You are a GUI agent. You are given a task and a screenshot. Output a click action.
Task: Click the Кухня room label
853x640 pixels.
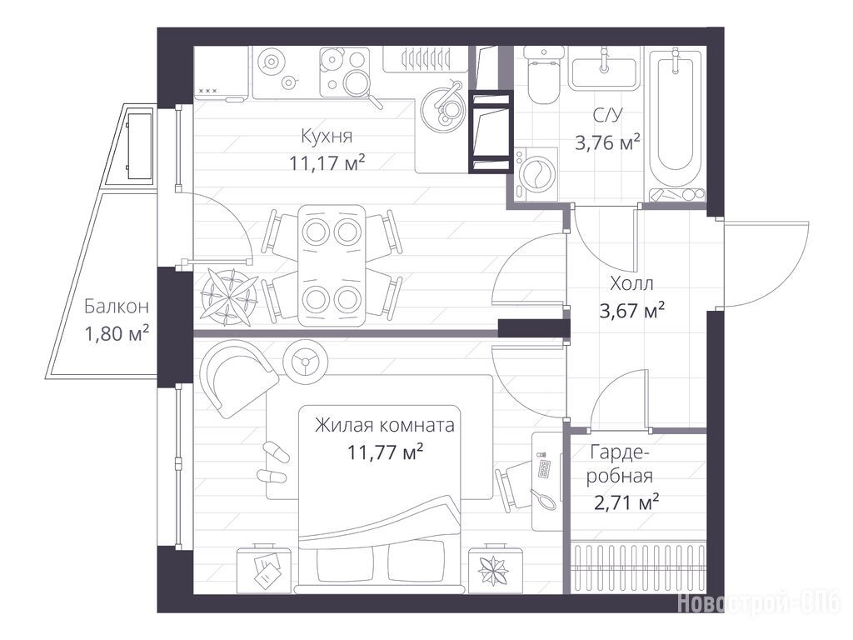pyautogui.click(x=327, y=136)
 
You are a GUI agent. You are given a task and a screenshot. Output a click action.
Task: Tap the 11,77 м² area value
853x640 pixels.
pyautogui.click(x=385, y=452)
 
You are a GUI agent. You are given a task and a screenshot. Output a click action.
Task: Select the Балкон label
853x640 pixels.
pyautogui.click(x=117, y=307)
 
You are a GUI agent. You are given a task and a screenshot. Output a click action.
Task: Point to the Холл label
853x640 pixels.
pyautogui.click(x=631, y=283)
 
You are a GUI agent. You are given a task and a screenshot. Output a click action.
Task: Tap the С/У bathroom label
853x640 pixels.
pyautogui.click(x=607, y=115)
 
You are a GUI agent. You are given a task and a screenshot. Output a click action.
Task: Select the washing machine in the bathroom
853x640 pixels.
pyautogui.click(x=536, y=174)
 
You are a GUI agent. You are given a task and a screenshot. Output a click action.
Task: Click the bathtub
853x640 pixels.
pyautogui.click(x=676, y=125)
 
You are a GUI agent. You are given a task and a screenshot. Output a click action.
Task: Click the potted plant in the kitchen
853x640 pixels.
pyautogui.click(x=230, y=297)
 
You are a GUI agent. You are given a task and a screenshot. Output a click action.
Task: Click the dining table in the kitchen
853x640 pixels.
pyautogui.click(x=332, y=265)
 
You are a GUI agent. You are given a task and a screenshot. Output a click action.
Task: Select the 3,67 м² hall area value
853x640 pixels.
pyautogui.click(x=631, y=312)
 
